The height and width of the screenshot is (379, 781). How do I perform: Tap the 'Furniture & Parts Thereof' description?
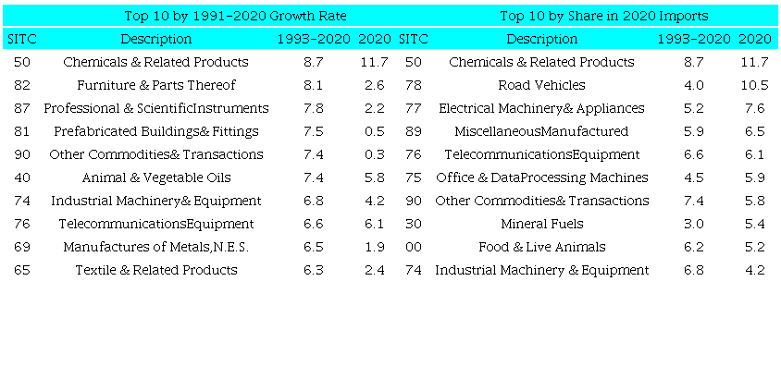point(156,85)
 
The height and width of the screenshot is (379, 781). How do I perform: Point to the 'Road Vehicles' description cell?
point(541,85)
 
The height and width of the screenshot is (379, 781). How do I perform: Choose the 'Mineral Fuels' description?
point(541,224)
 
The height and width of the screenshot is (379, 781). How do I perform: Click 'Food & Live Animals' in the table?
point(541,247)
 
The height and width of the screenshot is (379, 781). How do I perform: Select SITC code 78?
point(414,85)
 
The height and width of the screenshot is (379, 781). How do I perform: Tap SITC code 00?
point(414,247)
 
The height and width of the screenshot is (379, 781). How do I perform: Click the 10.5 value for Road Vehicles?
point(754,85)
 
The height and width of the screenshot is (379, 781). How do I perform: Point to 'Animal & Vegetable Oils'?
point(156,177)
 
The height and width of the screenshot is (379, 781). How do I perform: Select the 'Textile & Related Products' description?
point(156,270)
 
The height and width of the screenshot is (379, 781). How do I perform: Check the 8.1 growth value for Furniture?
point(313,85)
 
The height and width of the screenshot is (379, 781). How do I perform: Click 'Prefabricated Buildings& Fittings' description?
point(156,131)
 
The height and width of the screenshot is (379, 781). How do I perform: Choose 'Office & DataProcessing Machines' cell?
point(541,177)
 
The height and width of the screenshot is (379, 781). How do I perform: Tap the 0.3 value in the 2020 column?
point(375,154)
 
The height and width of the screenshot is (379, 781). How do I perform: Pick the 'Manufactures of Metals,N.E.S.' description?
point(156,247)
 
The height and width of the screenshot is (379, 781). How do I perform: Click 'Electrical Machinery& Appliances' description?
point(541,108)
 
